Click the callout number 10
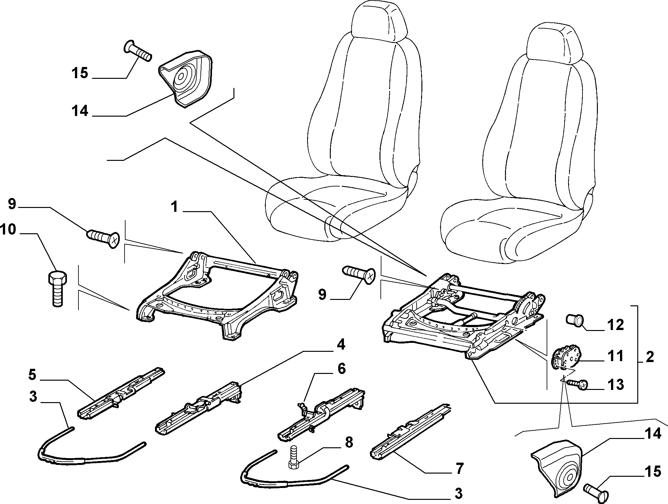click(x=8, y=229)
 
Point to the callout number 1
click(x=174, y=207)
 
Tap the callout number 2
click(x=649, y=357)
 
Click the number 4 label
click(x=340, y=345)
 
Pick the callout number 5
click(x=32, y=375)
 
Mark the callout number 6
click(x=342, y=369)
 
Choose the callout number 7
click(x=459, y=469)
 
